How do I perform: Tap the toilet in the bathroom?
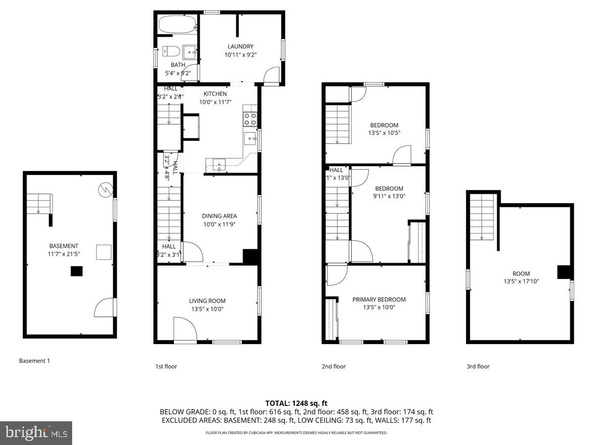[x=169, y=51]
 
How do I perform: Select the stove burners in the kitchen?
[x=250, y=118]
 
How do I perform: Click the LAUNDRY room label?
[x=240, y=46]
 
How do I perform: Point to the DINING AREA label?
[x=219, y=216]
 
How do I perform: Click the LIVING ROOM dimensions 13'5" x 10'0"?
[x=207, y=309]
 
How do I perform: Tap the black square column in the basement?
[x=77, y=271]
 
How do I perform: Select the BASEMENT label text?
[x=63, y=246]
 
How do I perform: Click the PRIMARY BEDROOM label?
[x=379, y=300]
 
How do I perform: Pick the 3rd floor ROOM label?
[x=521, y=274]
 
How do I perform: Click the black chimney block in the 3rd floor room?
[x=564, y=272]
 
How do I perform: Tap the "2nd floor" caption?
[x=334, y=366]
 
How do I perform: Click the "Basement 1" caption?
[x=35, y=361]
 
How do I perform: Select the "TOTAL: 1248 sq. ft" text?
[x=296, y=404]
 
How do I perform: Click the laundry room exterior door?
[x=271, y=77]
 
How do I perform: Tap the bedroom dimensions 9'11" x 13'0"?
[x=389, y=196]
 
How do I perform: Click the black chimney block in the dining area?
[x=251, y=257]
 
